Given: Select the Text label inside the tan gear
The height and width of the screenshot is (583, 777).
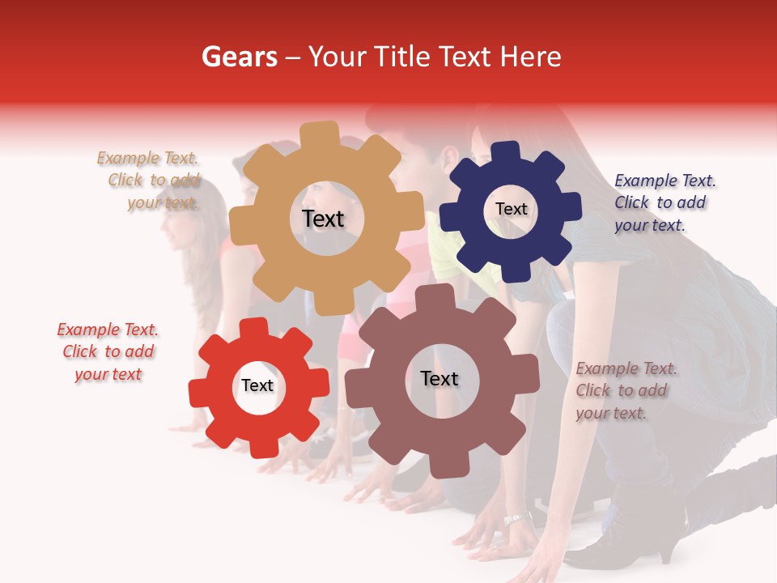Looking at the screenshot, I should pyautogui.click(x=323, y=219).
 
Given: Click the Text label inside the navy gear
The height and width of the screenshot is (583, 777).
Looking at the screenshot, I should pyautogui.click(x=511, y=209).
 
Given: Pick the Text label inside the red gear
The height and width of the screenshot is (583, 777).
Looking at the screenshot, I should pyautogui.click(x=257, y=385).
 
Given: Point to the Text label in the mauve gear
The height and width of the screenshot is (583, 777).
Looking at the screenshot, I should pyautogui.click(x=439, y=378).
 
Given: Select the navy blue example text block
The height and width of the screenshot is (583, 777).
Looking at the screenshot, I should pyautogui.click(x=663, y=203).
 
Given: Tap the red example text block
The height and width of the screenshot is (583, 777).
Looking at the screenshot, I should pyautogui.click(x=108, y=351).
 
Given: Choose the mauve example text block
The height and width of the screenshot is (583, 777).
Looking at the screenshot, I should pyautogui.click(x=625, y=390).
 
